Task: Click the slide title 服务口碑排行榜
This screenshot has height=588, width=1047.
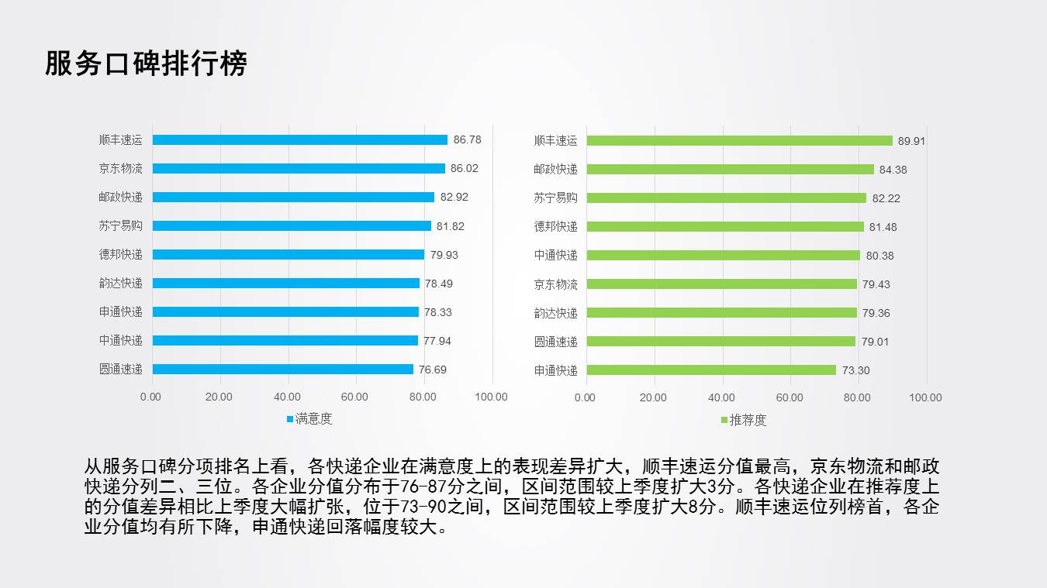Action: coord(146,64)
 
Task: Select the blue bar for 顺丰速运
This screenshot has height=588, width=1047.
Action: coord(299,140)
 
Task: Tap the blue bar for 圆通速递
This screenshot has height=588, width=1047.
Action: coord(282,370)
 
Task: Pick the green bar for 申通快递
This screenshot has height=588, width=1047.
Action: coord(711,370)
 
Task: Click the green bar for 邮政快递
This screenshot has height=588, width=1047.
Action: coord(730,169)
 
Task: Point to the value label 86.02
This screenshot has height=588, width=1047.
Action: coord(465,168)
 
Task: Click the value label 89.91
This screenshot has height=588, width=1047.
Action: coord(911,141)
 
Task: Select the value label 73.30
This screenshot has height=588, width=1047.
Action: coord(855,370)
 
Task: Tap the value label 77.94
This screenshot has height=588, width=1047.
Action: coord(437,340)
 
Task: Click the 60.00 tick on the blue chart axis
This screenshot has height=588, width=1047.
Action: coord(355,397)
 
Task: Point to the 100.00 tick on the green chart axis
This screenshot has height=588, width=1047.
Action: coord(925,397)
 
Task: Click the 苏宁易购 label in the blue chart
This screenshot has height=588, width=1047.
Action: coord(120,225)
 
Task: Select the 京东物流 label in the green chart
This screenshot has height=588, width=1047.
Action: coord(555,284)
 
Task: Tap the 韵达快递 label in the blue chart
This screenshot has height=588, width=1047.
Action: coord(120,283)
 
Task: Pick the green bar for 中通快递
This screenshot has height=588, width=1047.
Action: coord(723,256)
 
